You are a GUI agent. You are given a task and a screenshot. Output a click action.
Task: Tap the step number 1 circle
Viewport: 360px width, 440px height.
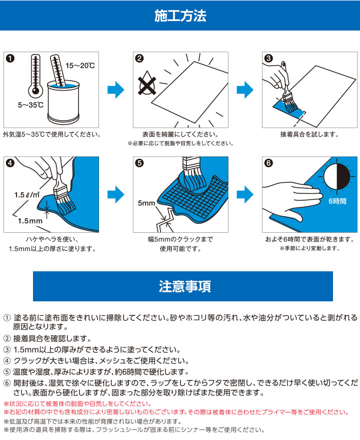10,58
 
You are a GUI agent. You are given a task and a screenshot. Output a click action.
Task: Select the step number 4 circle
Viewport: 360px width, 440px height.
10,163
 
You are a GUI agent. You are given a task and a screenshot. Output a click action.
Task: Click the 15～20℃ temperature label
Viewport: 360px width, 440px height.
80,66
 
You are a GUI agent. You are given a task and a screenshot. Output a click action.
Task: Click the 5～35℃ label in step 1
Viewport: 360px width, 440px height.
30,105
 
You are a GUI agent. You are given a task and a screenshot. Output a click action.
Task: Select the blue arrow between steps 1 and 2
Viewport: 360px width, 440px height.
115,90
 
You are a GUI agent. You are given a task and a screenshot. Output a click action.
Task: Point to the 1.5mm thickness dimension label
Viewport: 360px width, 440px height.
29,220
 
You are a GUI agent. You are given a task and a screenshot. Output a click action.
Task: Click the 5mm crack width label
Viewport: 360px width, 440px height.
146,203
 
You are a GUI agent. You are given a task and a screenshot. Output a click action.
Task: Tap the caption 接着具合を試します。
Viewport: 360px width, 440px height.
309,134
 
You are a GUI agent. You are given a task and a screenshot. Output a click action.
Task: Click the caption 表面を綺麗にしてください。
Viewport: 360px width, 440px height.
180,134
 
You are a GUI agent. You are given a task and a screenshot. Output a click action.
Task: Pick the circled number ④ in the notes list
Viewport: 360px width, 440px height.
7,360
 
